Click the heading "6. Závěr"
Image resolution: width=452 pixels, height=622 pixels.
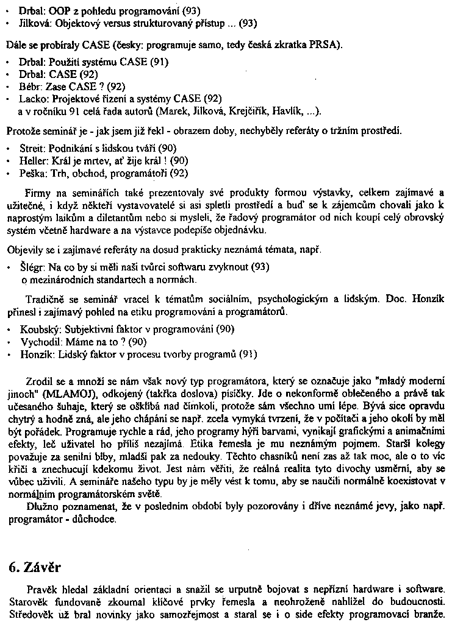[35, 567]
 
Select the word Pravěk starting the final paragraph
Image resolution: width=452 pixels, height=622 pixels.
[41, 589]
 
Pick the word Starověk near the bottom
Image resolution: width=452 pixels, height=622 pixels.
[28, 601]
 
